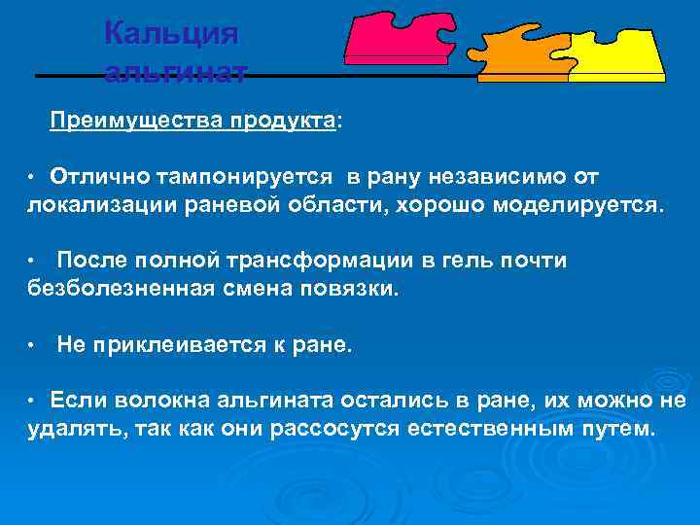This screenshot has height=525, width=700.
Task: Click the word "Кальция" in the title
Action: click(x=170, y=33)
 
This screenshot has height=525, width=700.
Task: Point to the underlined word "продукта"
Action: click(x=282, y=121)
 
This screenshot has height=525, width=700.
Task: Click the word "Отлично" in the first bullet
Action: click(x=95, y=177)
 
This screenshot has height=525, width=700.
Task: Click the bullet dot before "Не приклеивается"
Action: click(x=32, y=345)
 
